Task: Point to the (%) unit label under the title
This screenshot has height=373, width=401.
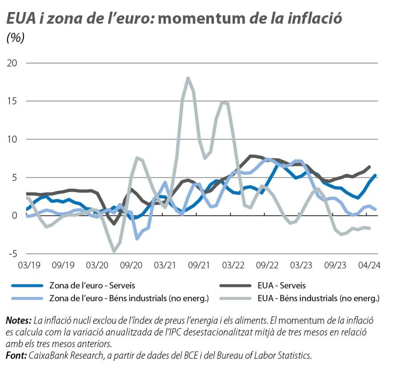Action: coord(16,38)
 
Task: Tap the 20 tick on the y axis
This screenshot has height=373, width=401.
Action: coord(12,63)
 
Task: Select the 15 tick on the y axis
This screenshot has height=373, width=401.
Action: coord(12,101)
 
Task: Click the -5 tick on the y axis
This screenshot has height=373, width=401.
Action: coord(12,254)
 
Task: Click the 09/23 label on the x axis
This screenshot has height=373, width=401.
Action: coord(335,265)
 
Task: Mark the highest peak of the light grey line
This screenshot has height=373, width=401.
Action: coord(188,78)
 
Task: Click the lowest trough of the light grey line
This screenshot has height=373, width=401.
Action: coord(114,251)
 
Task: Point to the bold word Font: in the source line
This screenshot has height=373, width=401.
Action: coord(16,356)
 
